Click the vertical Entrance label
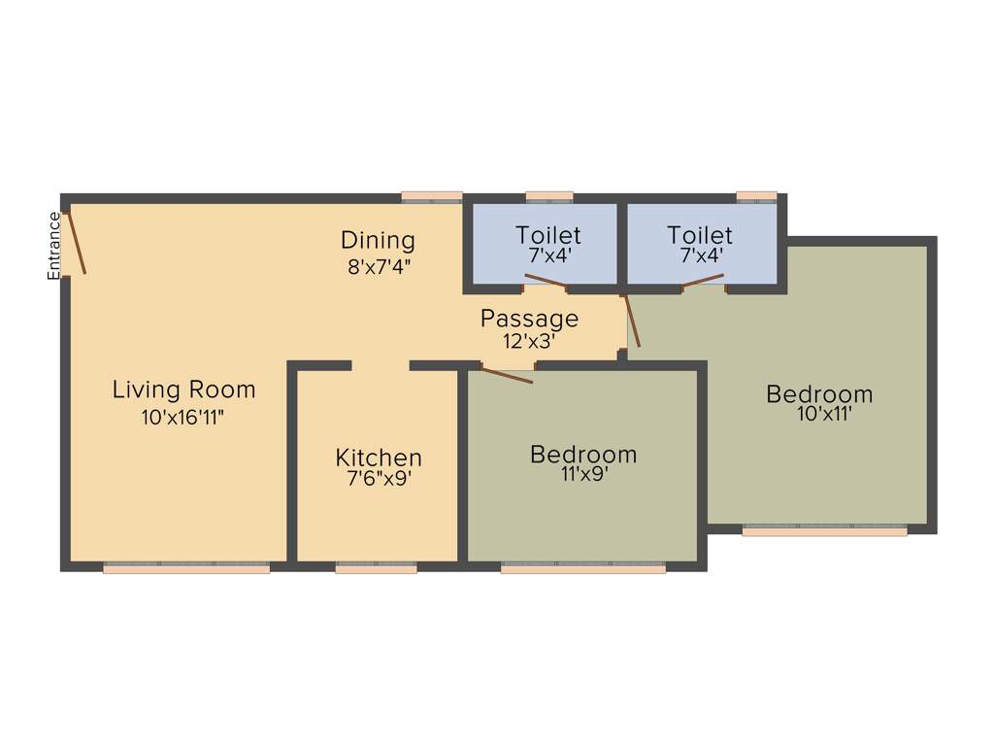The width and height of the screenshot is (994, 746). pos(54,246)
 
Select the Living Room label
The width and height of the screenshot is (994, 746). pos(183,390)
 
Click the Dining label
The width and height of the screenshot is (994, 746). pos(378,240)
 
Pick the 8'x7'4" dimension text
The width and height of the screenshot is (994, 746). pos(380,266)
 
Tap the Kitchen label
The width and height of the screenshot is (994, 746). pos(379,458)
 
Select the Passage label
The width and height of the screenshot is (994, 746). pos(529,319)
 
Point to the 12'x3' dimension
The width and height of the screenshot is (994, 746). pos(530,341)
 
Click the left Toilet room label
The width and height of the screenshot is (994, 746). pos(548,235)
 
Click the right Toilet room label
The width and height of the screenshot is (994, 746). pos(700,235)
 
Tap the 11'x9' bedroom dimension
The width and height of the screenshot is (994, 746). pos(583,475)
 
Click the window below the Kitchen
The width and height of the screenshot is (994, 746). pos(376,568)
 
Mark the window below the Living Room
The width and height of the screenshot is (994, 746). pos(185,568)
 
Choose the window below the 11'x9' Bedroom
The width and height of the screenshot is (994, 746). pos(582,568)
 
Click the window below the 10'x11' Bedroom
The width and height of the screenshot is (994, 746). pos(824,530)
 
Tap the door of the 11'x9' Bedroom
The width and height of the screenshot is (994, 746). pos(508,375)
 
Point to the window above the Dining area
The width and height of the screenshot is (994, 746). pos(432,196)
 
